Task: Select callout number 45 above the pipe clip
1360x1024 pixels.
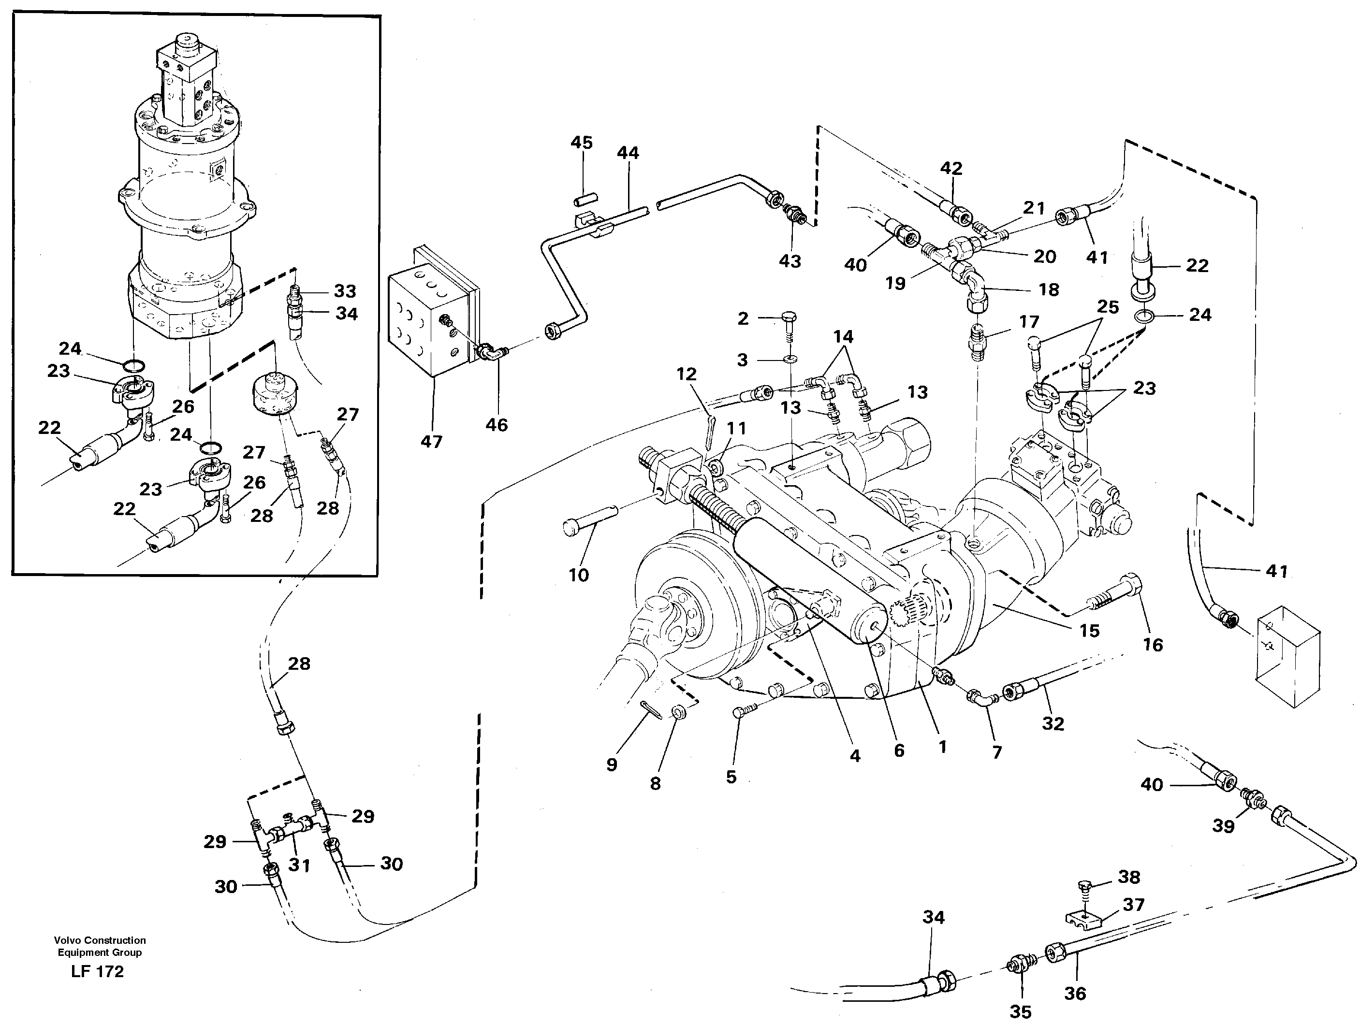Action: click(581, 143)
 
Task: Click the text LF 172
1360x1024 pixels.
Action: click(97, 971)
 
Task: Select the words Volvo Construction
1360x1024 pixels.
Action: click(100, 940)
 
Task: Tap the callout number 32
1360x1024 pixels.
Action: click(1053, 723)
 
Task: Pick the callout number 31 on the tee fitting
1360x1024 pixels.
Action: click(299, 865)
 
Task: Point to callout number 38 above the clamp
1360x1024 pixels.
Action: click(1129, 877)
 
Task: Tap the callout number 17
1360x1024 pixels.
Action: click(1029, 321)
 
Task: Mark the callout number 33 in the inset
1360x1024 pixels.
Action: click(345, 291)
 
